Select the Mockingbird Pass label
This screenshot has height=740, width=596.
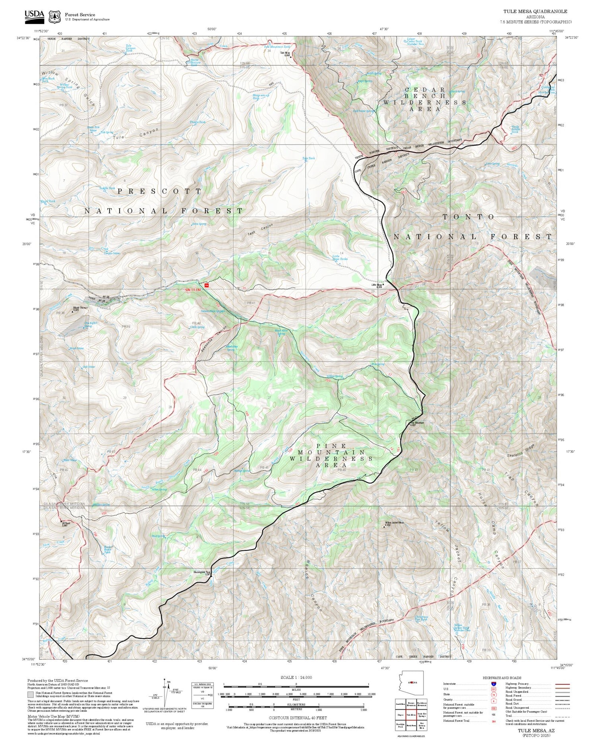(202, 573)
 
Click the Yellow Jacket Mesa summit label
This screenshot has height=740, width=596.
(394, 523)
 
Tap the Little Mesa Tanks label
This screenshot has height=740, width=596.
(340, 257)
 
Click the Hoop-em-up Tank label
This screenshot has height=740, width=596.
(261, 97)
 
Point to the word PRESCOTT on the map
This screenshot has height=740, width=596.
(160, 191)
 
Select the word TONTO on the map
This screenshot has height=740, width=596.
(469, 217)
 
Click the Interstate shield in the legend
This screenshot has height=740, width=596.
(493, 684)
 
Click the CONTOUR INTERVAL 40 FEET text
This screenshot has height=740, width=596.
(298, 718)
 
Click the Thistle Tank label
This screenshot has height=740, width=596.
(197, 122)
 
